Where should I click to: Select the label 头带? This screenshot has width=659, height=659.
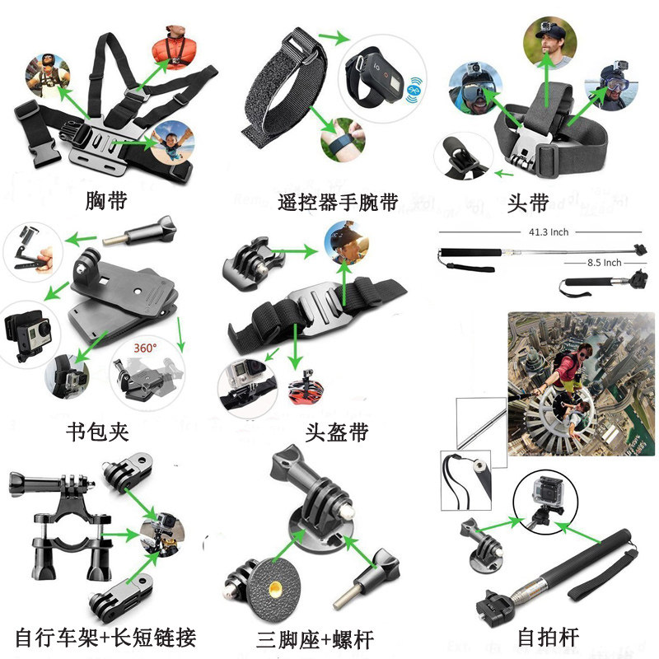tap(528, 201)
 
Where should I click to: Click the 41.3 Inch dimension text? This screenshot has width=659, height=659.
tap(547, 232)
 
